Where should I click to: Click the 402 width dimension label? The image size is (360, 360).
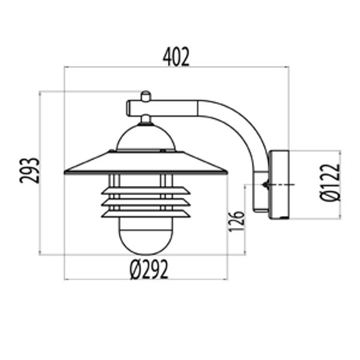pyautogui.click(x=176, y=57)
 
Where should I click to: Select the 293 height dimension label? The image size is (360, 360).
pyautogui.click(x=31, y=170)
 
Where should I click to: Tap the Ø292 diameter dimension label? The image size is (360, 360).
pyautogui.click(x=148, y=270)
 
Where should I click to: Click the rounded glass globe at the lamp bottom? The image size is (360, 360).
pyautogui.click(x=145, y=237)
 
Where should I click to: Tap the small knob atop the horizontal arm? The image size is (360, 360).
pyautogui.click(x=145, y=95)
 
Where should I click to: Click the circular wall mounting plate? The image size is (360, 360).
pyautogui.click(x=279, y=185)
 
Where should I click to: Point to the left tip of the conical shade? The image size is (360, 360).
pyautogui.click(x=65, y=173)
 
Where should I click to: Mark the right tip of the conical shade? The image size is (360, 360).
pyautogui.click(x=226, y=173)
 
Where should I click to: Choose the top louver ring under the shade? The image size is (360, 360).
pyautogui.click(x=145, y=191)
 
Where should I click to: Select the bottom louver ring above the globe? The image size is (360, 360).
pyautogui.click(x=145, y=213)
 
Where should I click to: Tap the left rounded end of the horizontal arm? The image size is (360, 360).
pyautogui.click(x=128, y=108)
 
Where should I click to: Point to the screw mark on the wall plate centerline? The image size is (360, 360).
pyautogui.click(x=265, y=185)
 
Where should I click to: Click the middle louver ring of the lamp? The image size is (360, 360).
pyautogui.click(x=145, y=202)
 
